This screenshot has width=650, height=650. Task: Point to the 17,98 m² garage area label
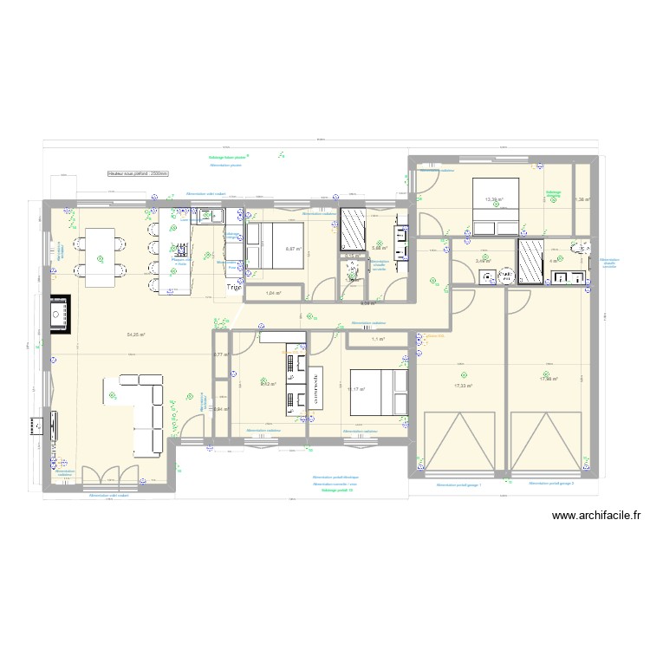click(548, 379)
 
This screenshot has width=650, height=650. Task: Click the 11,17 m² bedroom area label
click(356, 390)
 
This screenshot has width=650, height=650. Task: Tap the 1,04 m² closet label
click(273, 294)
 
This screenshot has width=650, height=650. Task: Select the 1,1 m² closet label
click(377, 339)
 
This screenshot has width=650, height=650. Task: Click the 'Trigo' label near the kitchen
click(235, 288)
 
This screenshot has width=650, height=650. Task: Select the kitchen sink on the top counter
click(212, 217)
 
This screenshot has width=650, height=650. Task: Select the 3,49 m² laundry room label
click(483, 260)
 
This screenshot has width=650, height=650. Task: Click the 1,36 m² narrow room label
click(582, 200)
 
